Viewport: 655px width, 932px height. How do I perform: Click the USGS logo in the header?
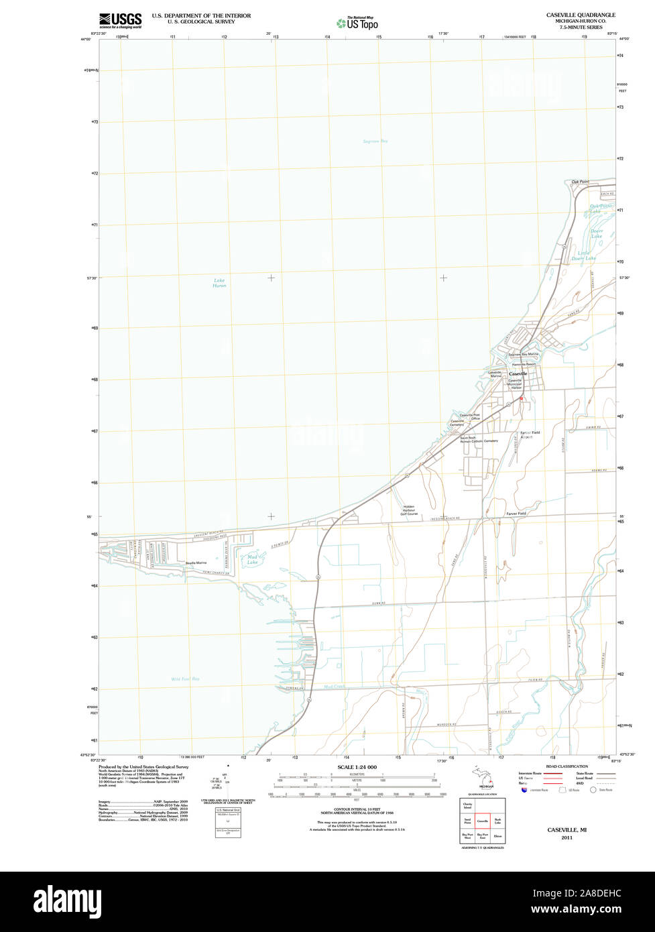120,20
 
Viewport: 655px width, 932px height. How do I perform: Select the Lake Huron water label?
219,283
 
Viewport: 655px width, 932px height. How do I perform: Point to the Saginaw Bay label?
375,141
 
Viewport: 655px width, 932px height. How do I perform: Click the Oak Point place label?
580,182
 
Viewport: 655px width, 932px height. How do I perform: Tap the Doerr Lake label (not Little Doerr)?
596,234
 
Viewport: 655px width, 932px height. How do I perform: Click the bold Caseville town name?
518,373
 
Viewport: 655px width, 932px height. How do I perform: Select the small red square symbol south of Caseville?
521,398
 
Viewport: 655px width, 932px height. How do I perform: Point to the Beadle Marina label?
196,563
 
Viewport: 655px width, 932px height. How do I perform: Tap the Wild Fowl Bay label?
185,679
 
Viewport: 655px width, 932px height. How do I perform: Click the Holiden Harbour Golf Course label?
409,510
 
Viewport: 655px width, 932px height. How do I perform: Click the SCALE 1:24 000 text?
357,767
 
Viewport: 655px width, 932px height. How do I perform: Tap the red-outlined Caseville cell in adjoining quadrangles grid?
482,821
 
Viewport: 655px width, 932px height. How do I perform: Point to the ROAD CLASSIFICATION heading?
567,766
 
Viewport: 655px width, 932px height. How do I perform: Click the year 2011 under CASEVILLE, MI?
567,837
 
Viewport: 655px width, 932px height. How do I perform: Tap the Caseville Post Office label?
469,417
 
